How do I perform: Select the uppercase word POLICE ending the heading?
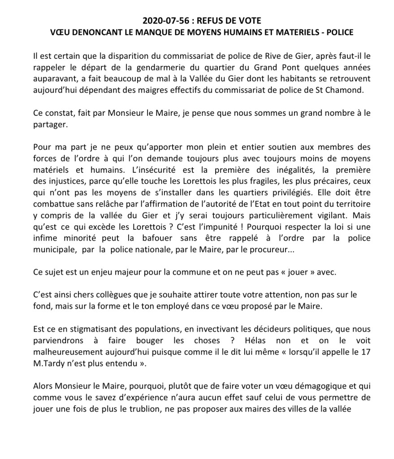[x=351, y=33]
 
